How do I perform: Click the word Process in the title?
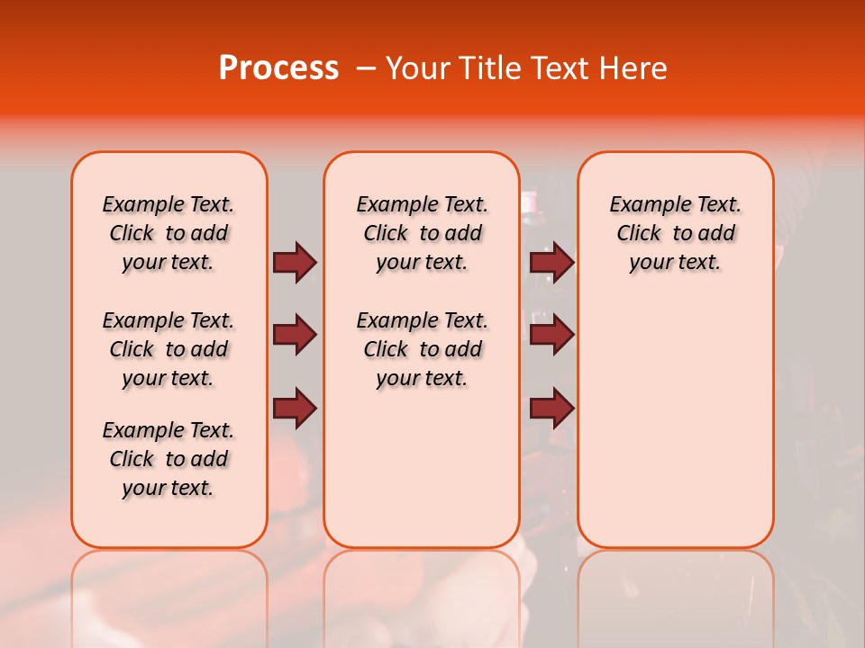(278, 68)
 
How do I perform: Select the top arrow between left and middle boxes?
(295, 262)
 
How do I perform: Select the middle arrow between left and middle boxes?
(295, 336)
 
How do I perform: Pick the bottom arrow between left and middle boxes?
(295, 409)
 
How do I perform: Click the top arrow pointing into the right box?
(551, 262)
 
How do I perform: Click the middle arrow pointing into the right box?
(551, 336)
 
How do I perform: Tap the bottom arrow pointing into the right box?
(551, 409)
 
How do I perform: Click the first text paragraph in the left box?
(168, 233)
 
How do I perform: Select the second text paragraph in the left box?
(168, 349)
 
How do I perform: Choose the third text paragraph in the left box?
(168, 459)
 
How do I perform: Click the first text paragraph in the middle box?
(422, 233)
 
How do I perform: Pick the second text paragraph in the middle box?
(422, 349)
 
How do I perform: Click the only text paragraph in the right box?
(675, 233)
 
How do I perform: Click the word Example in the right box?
(643, 205)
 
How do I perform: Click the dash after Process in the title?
(366, 68)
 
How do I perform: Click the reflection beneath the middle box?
(422, 594)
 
